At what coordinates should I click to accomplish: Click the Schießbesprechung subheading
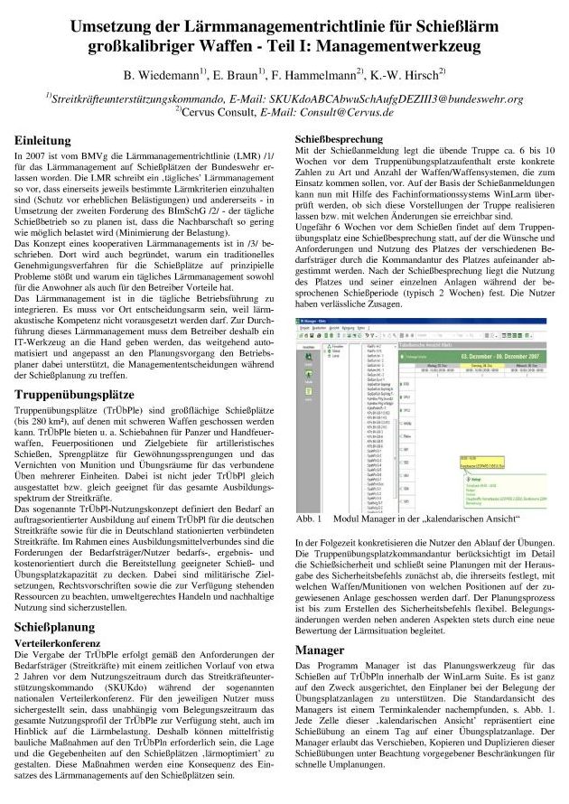342,137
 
